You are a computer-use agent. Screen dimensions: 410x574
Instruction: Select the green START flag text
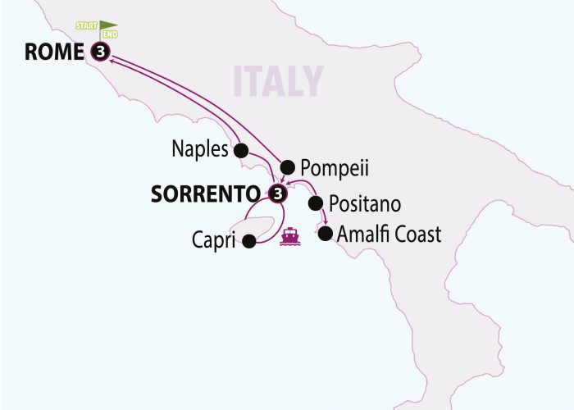[87, 25]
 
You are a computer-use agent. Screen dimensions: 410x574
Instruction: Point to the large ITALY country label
[278, 82]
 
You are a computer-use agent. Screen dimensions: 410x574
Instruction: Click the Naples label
[199, 149]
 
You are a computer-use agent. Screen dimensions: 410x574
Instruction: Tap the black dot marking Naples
[241, 151]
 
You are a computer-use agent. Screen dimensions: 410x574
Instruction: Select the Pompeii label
[334, 168]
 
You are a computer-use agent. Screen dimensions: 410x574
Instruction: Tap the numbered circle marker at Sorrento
[278, 194]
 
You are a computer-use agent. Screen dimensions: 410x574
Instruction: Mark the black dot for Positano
[314, 203]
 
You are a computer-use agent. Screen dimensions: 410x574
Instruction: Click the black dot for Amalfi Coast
[325, 235]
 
